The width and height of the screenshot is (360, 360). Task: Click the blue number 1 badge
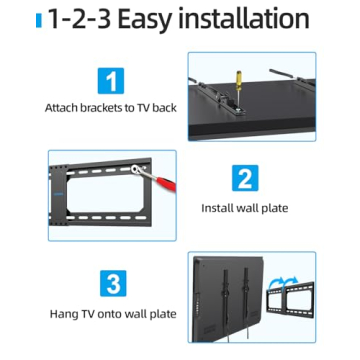point(111,79)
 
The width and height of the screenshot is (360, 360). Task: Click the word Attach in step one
point(62,106)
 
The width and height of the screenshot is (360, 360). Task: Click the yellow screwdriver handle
point(238,72)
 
